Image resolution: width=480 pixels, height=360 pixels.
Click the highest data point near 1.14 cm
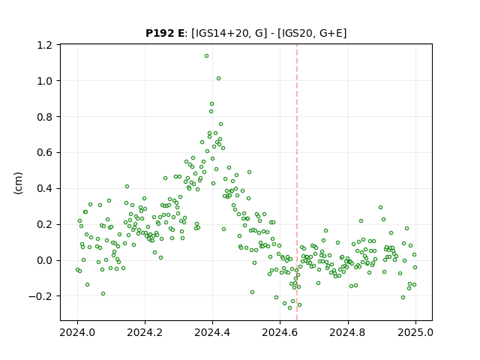pyautogui.click(x=207, y=56)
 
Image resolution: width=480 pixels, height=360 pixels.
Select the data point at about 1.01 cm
pyautogui.click(x=218, y=78)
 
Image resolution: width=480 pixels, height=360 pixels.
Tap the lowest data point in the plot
pyautogui.click(x=290, y=307)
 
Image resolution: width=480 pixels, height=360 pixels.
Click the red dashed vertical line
pyautogui.click(x=297, y=182)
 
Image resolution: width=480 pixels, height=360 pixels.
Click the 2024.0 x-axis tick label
pyautogui.click(x=77, y=332)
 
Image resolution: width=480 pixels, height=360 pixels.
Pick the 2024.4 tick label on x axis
pyautogui.click(x=212, y=332)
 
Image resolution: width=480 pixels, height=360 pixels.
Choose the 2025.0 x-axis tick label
pyautogui.click(x=415, y=332)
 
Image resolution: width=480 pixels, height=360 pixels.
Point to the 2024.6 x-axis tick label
pyautogui.click(x=280, y=332)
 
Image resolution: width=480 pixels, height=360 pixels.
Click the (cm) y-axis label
pyautogui.click(x=18, y=183)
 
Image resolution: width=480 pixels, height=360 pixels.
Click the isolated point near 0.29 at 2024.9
pyautogui.click(x=380, y=207)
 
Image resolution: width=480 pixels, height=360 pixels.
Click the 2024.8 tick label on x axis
pyautogui.click(x=348, y=332)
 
